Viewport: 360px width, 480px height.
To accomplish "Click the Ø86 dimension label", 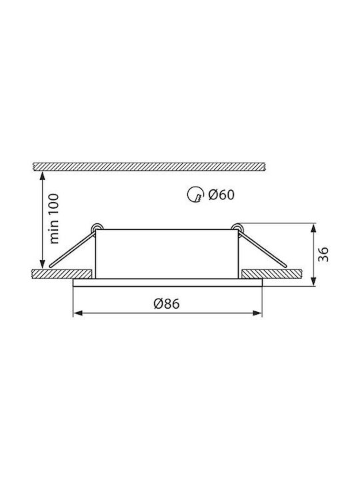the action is click(x=167, y=303).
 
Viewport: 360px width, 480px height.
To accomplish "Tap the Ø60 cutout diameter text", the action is click(x=221, y=195).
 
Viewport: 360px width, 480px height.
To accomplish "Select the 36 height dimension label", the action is click(x=323, y=254).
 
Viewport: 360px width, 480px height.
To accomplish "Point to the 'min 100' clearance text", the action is click(x=54, y=219).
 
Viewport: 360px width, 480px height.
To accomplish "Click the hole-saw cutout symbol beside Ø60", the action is click(x=195, y=195).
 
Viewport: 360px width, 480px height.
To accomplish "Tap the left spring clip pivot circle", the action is click(x=97, y=228).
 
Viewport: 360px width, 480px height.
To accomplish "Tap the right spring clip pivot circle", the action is click(x=237, y=227).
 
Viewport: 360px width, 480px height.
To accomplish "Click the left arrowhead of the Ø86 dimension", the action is click(x=78, y=313).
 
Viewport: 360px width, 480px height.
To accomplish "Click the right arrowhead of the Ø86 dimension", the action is click(x=257, y=313).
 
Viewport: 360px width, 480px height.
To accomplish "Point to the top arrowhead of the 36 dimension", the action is click(x=313, y=229).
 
